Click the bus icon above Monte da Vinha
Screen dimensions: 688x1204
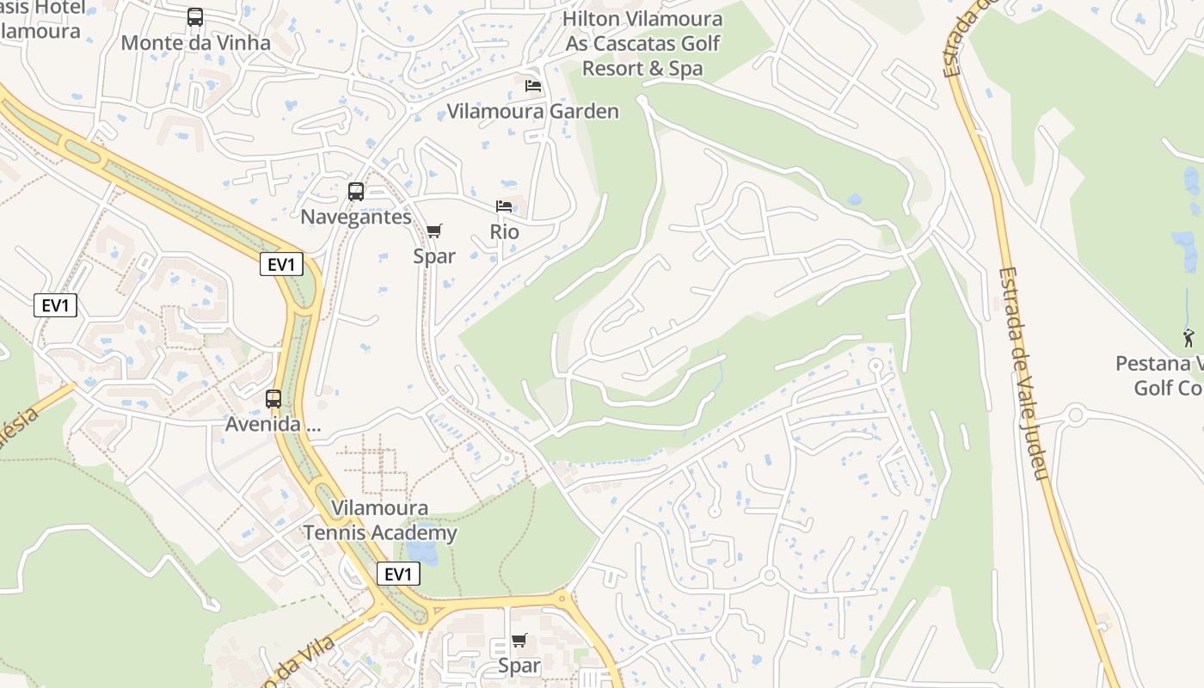195,16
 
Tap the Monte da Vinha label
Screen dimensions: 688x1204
195,42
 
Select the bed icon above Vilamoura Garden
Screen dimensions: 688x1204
533,86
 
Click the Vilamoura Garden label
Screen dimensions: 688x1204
532,111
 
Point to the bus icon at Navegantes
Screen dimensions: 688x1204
356,192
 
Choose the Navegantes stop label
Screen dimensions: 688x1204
356,217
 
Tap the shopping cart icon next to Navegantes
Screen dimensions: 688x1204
434,230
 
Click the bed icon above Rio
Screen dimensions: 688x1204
504,206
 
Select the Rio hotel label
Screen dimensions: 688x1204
505,231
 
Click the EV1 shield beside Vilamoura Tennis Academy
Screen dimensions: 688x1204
398,574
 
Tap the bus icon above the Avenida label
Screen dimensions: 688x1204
273,399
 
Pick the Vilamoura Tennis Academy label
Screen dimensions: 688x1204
379,520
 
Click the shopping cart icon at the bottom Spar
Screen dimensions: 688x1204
519,641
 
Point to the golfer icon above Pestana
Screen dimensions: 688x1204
1189,337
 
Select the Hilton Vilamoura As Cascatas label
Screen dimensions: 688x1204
643,43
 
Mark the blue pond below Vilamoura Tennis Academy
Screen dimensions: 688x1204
421,550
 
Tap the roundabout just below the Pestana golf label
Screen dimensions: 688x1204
1075,415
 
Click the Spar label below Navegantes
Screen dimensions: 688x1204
434,255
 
